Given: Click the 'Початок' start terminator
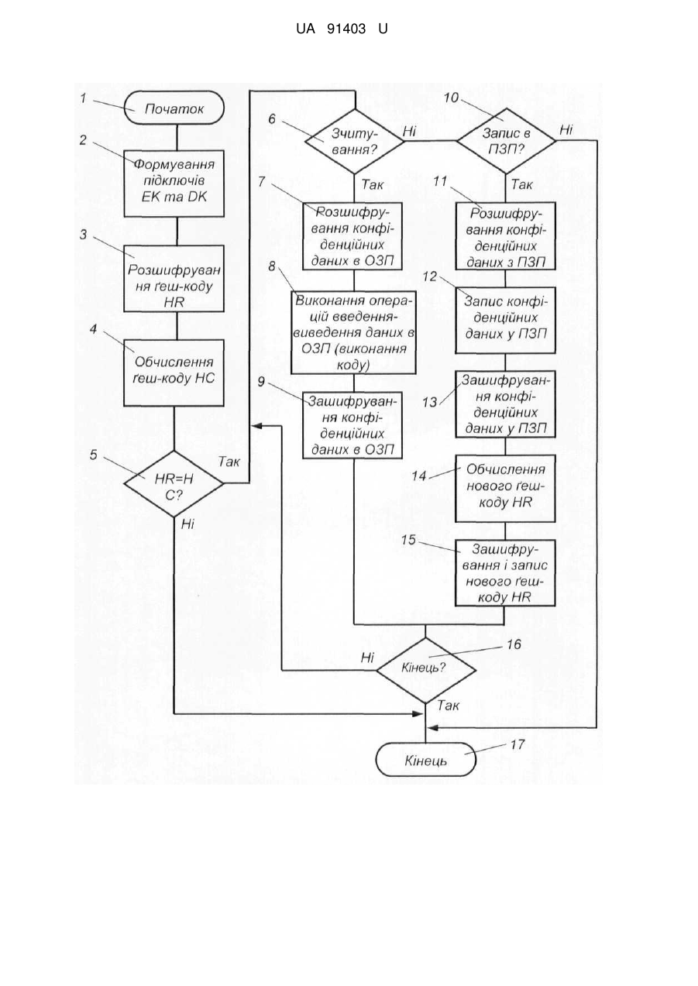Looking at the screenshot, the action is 174,108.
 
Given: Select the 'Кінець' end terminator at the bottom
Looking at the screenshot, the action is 426,759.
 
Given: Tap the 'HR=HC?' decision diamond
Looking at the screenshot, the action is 174,484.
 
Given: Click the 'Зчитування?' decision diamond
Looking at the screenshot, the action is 355,141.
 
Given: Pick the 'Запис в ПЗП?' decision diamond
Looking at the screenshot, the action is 506,141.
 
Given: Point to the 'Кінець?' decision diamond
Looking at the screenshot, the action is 426,671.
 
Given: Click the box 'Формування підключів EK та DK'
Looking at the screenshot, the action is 174,184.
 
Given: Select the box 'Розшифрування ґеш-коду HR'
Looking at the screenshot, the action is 174,278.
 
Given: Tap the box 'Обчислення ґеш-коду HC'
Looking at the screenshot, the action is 174,373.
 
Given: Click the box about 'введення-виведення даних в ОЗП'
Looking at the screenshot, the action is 353,332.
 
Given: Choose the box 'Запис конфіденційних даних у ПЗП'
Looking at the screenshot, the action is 506,320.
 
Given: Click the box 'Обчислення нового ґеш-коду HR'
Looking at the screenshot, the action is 506,489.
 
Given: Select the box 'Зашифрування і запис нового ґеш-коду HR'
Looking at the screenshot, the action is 506,573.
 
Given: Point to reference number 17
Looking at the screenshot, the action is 517,744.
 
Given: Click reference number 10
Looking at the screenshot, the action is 451,98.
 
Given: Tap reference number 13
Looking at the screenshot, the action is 430,402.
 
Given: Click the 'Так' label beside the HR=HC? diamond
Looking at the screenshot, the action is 229,462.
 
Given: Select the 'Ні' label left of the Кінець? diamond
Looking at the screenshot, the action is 367,658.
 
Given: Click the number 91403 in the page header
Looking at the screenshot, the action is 346,29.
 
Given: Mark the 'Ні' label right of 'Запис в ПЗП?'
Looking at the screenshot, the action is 566,130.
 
